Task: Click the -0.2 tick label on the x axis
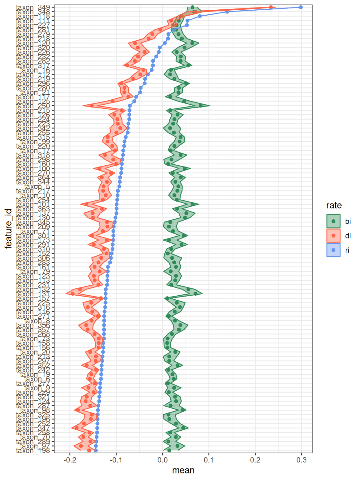(x=70, y=460)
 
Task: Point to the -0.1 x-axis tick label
(x=116, y=460)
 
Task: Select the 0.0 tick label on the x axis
(x=162, y=460)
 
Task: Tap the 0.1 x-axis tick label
(x=209, y=460)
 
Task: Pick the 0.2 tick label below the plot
(x=255, y=460)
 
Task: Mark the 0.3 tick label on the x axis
(x=302, y=460)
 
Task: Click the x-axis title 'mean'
(x=183, y=470)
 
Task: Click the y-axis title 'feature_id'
(x=8, y=229)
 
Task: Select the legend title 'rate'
(x=334, y=206)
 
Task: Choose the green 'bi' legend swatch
(x=333, y=221)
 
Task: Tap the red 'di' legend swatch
(x=333, y=236)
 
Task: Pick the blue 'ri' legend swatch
(x=333, y=250)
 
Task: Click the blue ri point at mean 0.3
(x=301, y=7)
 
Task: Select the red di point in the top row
(x=271, y=7)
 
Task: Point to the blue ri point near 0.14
(x=227, y=12)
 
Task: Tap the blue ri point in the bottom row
(x=96, y=450)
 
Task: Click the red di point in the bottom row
(x=89, y=450)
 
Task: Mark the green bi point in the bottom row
(x=169, y=450)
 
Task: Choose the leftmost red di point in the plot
(x=73, y=294)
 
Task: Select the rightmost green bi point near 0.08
(x=201, y=106)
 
